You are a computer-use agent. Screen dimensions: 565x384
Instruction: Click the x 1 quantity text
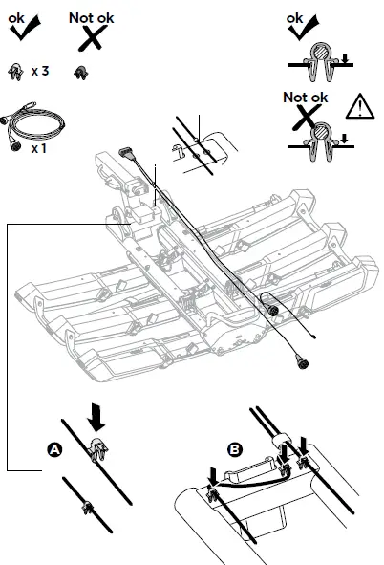pyautogui.click(x=39, y=148)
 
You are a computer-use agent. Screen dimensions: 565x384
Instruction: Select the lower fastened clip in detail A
pyautogui.click(x=86, y=506)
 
